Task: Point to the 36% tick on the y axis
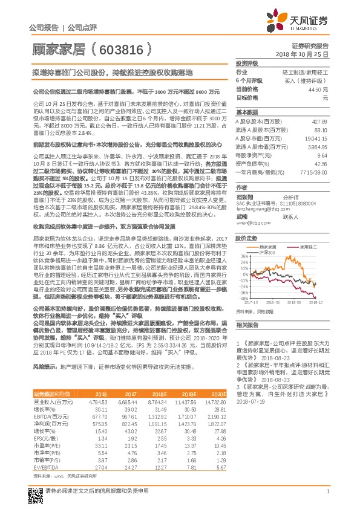(x=243, y=256)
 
